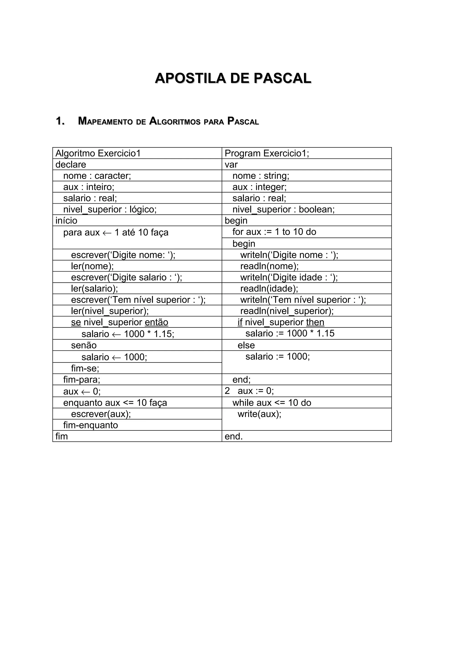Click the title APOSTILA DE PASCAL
(233, 79)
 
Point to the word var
(231, 164)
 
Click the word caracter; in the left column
(113, 176)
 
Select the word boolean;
(317, 209)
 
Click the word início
(66, 220)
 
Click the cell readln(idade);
(269, 288)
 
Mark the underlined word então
(157, 322)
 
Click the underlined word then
(315, 322)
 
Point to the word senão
(84, 345)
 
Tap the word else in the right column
(246, 345)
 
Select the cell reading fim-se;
(85, 368)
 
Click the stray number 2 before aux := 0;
(227, 391)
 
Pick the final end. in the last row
(234, 436)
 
